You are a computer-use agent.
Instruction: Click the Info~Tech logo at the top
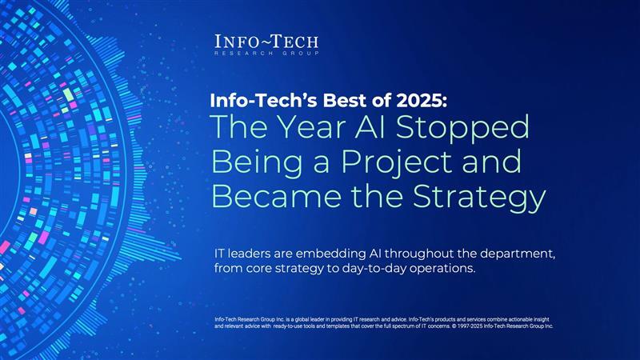tap(267, 41)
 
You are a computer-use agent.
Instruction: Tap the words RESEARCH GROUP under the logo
tap(267, 53)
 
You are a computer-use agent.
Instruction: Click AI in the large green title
tap(378, 130)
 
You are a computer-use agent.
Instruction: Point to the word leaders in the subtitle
tap(263, 254)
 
